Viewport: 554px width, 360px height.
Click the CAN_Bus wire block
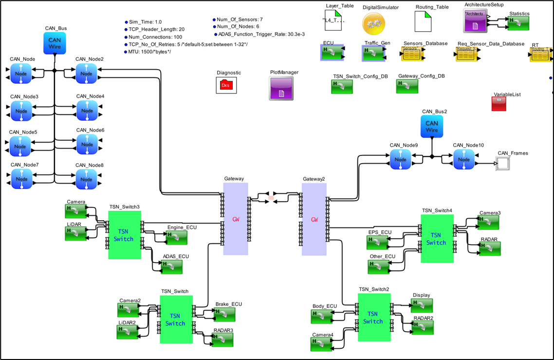[x=55, y=43]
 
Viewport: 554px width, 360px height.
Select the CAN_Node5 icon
[x=20, y=146]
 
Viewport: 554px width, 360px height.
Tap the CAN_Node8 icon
[x=87, y=179]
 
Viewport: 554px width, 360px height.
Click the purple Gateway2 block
[x=314, y=219]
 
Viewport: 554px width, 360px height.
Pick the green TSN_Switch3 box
[x=124, y=235]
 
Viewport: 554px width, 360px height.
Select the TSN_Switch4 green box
[x=436, y=239]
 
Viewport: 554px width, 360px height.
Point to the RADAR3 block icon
[x=222, y=340]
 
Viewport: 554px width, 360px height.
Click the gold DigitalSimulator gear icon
[x=373, y=23]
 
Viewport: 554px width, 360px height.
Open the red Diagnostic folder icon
[x=226, y=85]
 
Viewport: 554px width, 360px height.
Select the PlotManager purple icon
[x=281, y=88]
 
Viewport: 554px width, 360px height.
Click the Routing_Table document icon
[x=423, y=22]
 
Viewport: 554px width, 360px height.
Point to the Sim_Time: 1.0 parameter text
[x=145, y=22]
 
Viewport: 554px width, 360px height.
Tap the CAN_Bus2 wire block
[x=432, y=126]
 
